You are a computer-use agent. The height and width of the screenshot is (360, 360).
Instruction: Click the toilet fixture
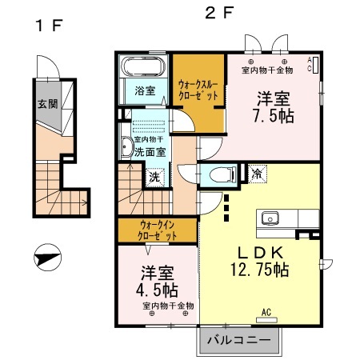[221, 174]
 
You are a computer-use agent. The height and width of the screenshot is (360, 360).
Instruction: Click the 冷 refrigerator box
[257, 173]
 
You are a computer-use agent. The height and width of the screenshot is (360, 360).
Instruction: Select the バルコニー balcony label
[239, 340]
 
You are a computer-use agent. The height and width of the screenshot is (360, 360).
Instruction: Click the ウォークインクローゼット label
[156, 232]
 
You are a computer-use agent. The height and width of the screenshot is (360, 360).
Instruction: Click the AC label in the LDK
[266, 312]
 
